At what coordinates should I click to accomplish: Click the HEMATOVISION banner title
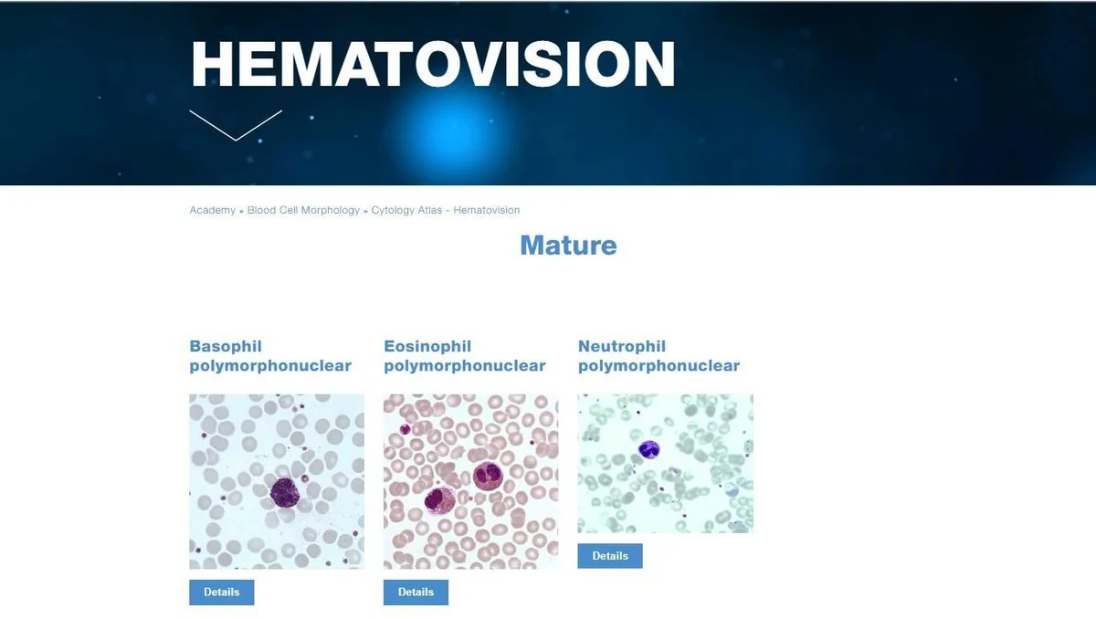point(433,64)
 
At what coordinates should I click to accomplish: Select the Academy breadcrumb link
point(212,210)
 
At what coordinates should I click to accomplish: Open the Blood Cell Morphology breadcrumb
point(303,210)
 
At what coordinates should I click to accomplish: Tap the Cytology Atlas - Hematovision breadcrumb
point(446,210)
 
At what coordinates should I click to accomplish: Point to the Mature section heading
point(568,245)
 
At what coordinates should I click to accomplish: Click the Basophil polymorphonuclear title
point(270,356)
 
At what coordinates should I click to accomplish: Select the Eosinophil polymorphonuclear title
point(464,356)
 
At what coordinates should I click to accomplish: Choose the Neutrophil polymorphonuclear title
point(659,356)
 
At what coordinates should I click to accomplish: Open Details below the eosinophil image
point(416,593)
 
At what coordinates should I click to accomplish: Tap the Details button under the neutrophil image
point(610,556)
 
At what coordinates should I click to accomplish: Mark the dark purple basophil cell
point(285,493)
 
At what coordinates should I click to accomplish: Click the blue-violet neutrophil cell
point(648,449)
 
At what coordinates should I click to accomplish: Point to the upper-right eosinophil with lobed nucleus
point(488,476)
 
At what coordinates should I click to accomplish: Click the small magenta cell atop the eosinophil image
point(406,429)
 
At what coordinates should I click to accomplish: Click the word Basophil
point(226,346)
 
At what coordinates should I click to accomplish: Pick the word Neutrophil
point(622,346)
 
